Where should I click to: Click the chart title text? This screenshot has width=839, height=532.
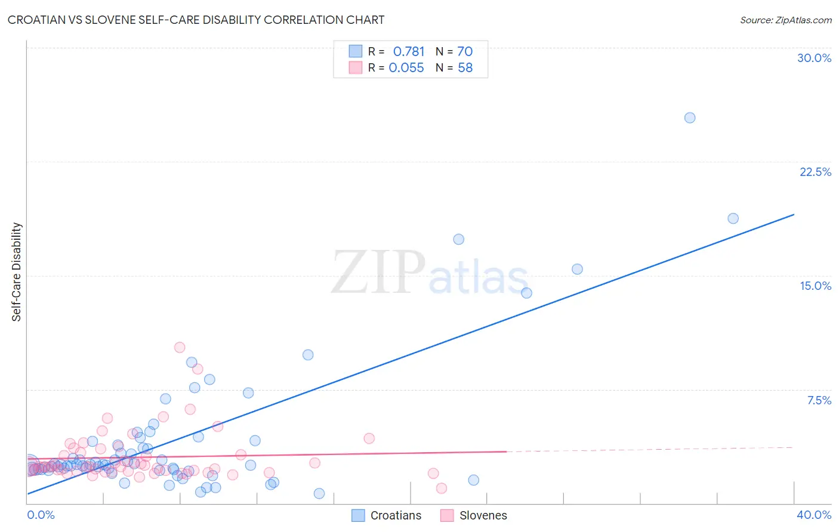pyautogui.click(x=196, y=20)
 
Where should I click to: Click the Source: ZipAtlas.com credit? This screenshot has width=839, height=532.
pyautogui.click(x=785, y=20)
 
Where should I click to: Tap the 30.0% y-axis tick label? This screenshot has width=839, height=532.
pyautogui.click(x=814, y=58)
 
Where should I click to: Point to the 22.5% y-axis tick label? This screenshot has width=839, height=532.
pyautogui.click(x=815, y=172)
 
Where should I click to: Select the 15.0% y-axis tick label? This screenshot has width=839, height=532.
pyautogui.click(x=815, y=286)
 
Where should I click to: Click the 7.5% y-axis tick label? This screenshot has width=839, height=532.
pyautogui.click(x=819, y=400)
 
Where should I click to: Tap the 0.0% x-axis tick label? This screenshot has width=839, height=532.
pyautogui.click(x=41, y=515)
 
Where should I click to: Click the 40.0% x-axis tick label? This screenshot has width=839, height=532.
pyautogui.click(x=813, y=515)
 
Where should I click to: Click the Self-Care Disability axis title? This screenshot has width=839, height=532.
pyautogui.click(x=17, y=272)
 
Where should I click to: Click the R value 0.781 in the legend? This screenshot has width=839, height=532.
pyautogui.click(x=409, y=52)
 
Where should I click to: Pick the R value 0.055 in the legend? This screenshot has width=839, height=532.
pyautogui.click(x=406, y=68)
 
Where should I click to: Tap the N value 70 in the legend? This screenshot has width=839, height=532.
pyautogui.click(x=465, y=52)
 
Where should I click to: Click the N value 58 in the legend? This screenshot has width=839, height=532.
pyautogui.click(x=465, y=68)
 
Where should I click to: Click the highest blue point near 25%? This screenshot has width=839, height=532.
pyautogui.click(x=689, y=117)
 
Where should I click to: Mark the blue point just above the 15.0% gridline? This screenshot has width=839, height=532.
pyautogui.click(x=577, y=269)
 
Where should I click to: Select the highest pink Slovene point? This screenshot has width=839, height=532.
pyautogui.click(x=180, y=347)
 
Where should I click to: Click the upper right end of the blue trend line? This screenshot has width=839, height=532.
pyautogui.click(x=794, y=214)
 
